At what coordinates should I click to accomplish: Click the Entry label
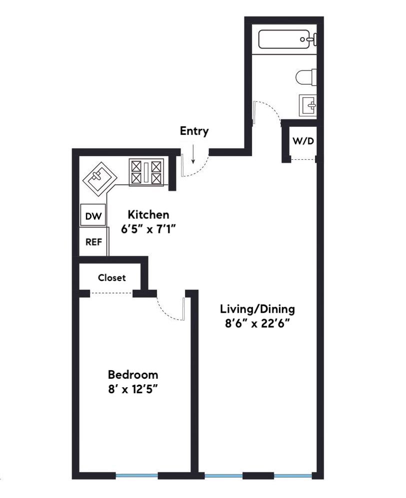(x=194, y=131)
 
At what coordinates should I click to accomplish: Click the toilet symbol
(x=306, y=77)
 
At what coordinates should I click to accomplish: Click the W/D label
(x=303, y=141)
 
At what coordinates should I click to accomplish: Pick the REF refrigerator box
(x=93, y=242)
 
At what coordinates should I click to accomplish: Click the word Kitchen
(x=148, y=215)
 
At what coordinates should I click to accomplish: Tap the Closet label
(x=111, y=278)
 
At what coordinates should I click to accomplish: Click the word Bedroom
(x=133, y=374)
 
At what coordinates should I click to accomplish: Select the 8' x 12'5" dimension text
(x=133, y=389)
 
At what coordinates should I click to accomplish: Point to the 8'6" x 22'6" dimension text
(x=258, y=323)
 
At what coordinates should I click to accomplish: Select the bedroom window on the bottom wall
(x=137, y=475)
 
